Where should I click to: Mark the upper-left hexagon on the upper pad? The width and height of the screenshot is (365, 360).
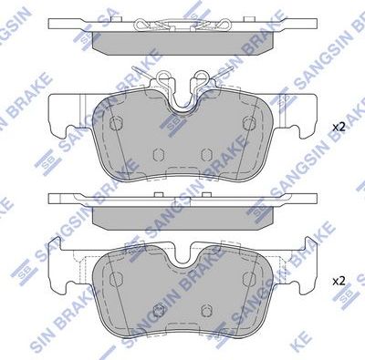(115, 124)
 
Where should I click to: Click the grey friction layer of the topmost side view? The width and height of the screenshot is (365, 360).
(182, 44)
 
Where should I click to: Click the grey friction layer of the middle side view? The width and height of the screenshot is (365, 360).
(182, 216)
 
